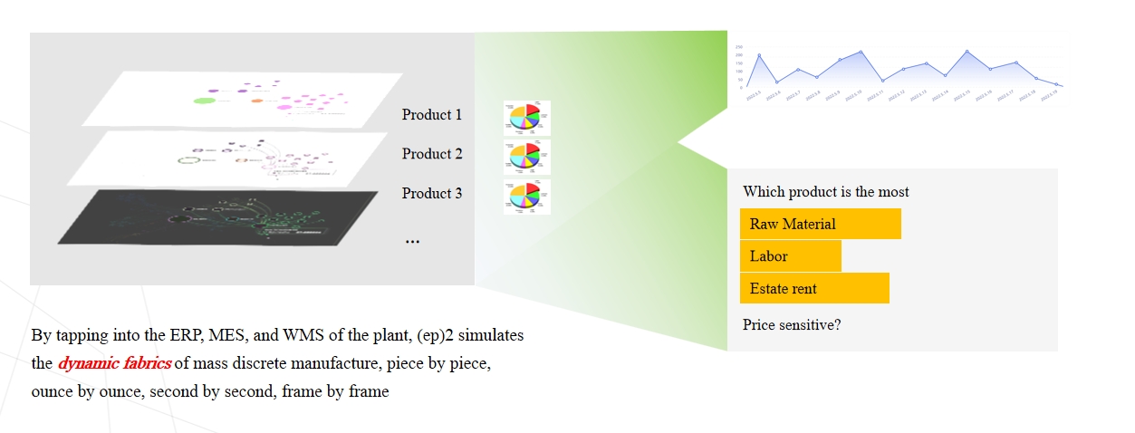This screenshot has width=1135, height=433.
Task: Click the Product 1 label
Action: [x=432, y=115]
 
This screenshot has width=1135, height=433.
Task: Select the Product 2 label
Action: [x=432, y=154]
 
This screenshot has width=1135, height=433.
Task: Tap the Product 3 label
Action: [x=432, y=193]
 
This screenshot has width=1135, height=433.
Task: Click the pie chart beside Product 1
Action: [x=526, y=118]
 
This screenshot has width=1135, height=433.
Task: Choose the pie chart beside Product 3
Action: [x=526, y=197]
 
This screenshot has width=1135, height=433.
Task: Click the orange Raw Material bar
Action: [x=820, y=224]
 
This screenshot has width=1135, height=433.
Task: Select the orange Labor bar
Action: [x=790, y=256]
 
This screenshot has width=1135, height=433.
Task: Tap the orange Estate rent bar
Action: [x=814, y=289]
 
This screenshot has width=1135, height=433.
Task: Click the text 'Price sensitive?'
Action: [x=792, y=323]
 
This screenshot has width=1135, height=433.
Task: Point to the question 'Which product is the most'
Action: [x=825, y=192]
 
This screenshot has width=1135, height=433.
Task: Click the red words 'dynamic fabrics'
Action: [x=114, y=364]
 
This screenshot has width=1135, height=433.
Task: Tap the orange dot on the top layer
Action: [x=257, y=100]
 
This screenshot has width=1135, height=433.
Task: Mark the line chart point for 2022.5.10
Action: [x=861, y=53]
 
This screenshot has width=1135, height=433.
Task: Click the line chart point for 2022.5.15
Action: [x=967, y=52]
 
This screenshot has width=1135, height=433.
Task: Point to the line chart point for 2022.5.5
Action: [x=759, y=56]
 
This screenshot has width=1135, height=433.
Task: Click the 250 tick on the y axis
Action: [x=739, y=47]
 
